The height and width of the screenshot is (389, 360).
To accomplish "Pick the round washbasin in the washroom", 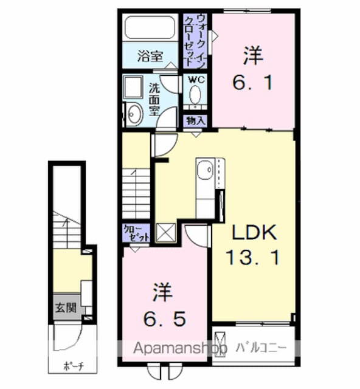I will pos(134,113).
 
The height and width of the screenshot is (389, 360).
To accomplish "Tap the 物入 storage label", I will pos(195,120).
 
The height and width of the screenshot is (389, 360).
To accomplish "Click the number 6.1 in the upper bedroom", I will pos(253,84).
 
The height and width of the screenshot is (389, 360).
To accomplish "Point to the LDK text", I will pos(254,233).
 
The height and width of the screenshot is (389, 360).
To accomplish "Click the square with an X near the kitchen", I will pos(165,232).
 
